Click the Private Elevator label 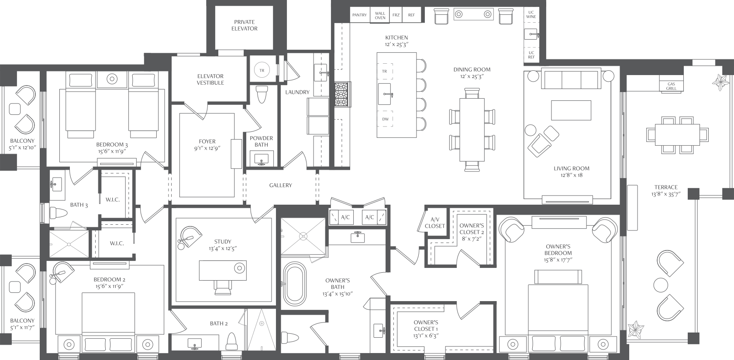pos(245,25)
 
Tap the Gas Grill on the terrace pos(671,86)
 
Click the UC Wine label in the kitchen pos(531,15)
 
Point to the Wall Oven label pos(380,16)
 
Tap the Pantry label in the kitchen pos(359,15)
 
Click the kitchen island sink pos(385,94)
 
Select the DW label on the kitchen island pos(386,119)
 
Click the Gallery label pos(280,185)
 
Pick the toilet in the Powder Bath pos(262,94)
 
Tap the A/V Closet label pos(435,223)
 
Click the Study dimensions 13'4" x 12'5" pos(223,249)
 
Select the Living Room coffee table pos(571,110)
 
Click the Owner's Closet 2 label pos(472,229)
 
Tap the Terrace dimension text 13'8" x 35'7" pos(666,194)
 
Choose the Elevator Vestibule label pos(210,79)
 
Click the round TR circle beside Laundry pos(262,70)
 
